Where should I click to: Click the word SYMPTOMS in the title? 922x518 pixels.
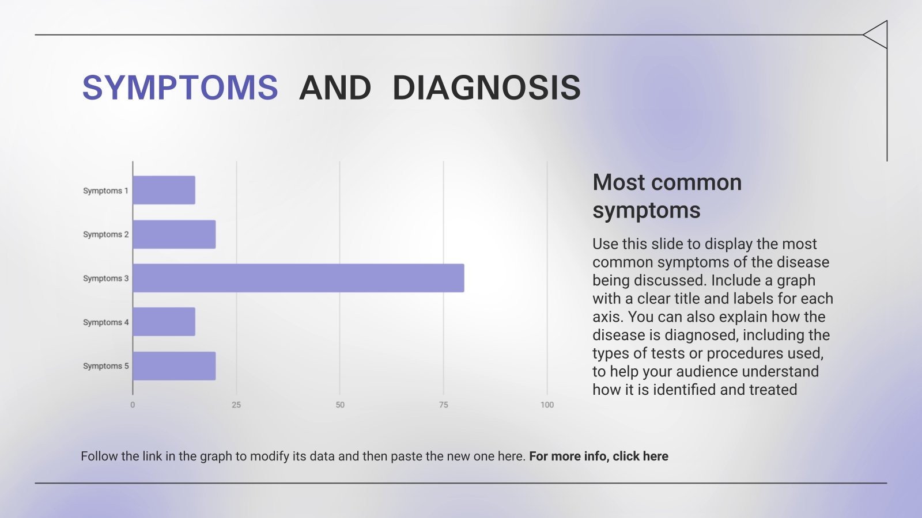pyautogui.click(x=180, y=88)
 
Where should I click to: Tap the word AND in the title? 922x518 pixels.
pyautogui.click(x=335, y=88)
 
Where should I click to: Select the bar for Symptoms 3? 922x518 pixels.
pyautogui.click(x=298, y=278)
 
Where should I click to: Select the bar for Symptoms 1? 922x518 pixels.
pyautogui.click(x=164, y=190)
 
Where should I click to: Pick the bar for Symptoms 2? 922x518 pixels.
pyautogui.click(x=174, y=234)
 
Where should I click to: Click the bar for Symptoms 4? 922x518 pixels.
pyautogui.click(x=164, y=322)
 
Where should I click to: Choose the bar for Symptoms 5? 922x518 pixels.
pyautogui.click(x=174, y=366)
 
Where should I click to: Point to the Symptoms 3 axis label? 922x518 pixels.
pyautogui.click(x=105, y=279)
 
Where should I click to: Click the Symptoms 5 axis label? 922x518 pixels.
pyautogui.click(x=105, y=366)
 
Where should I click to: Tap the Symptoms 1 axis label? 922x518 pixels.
pyautogui.click(x=105, y=191)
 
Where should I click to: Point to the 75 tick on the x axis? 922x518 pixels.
pyautogui.click(x=443, y=405)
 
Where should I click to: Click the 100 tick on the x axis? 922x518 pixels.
pyautogui.click(x=547, y=405)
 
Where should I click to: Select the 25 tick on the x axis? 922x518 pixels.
pyautogui.click(x=236, y=405)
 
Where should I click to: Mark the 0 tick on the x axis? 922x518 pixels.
pyautogui.click(x=133, y=405)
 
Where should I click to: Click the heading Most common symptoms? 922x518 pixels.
pyautogui.click(x=667, y=196)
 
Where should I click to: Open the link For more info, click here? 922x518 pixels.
pyautogui.click(x=598, y=456)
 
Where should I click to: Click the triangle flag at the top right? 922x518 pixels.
pyautogui.click(x=877, y=35)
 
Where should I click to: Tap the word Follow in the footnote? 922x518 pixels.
pyautogui.click(x=99, y=456)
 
